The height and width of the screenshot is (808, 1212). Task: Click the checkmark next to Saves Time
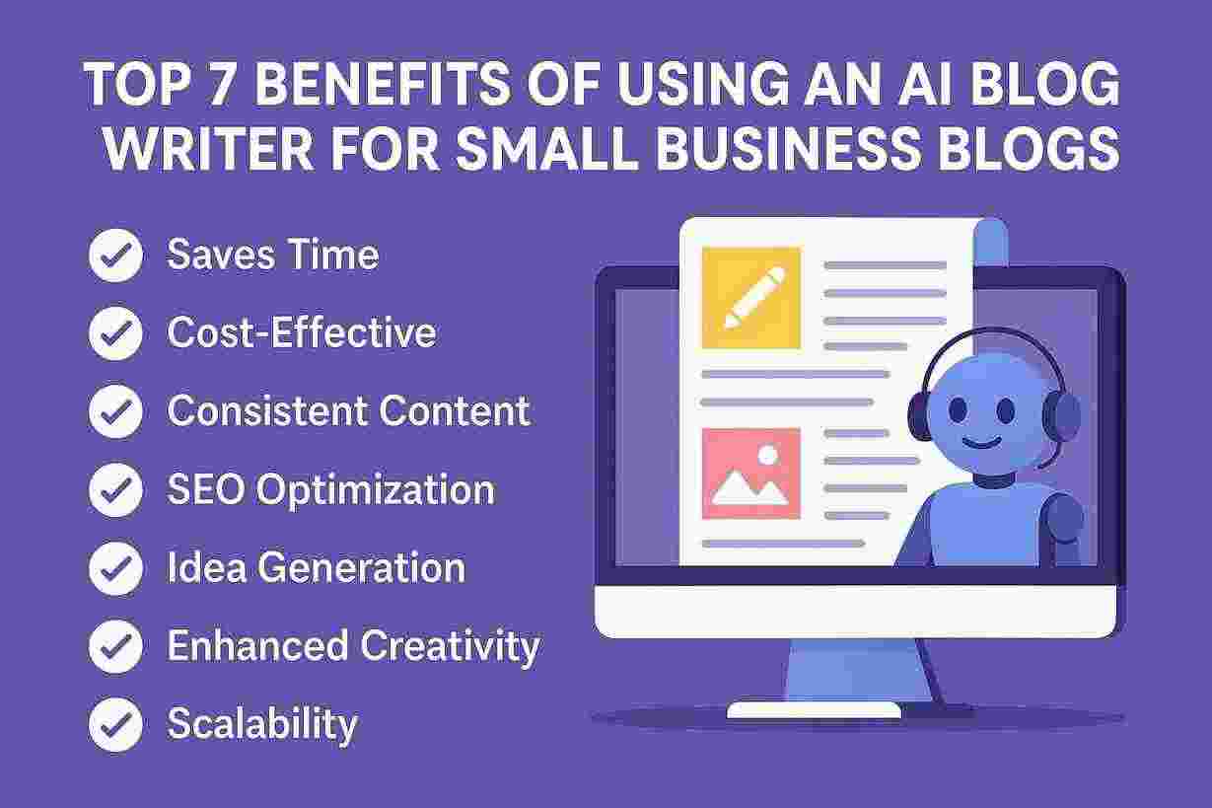point(115,255)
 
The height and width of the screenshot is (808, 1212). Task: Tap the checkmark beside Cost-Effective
point(115,332)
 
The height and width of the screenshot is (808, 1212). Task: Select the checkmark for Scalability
point(115,724)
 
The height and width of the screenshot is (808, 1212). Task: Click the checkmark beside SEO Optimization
point(115,489)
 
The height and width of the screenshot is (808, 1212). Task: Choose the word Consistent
point(268,410)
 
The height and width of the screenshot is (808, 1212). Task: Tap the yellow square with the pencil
point(751,298)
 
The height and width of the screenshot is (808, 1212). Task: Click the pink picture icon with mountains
point(751,473)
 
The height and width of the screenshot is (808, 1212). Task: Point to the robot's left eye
point(958,410)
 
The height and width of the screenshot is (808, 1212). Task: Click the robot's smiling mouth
point(982,444)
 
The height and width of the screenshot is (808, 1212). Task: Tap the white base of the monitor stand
point(814,710)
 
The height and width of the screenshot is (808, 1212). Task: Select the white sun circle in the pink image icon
point(768,455)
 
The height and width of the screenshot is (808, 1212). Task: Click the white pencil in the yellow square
point(754,297)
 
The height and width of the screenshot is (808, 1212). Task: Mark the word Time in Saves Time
point(332,254)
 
